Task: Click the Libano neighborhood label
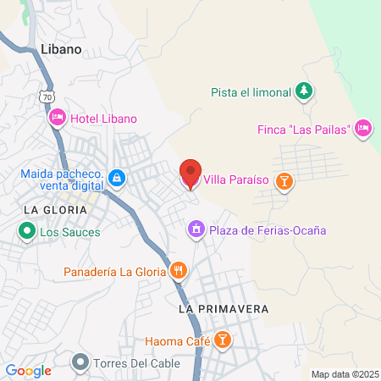coord(61,49)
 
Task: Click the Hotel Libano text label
coord(103,119)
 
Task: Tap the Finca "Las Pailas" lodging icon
coord(362,128)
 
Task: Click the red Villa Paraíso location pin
coord(190,174)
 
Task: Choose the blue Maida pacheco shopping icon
coord(117,179)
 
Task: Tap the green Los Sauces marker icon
coord(26,231)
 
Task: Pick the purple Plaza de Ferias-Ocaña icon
coord(196,229)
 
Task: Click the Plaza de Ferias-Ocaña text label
coord(267,229)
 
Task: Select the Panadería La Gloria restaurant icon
coord(178,272)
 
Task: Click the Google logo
coord(28,371)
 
